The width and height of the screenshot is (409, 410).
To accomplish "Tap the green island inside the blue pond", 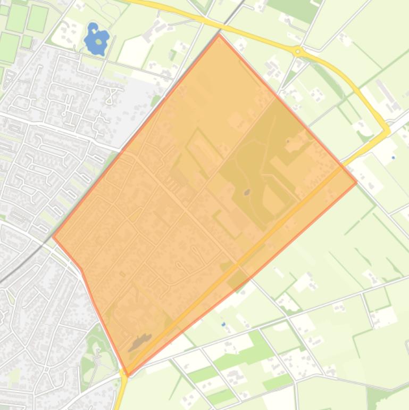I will pyautogui.click(x=98, y=42).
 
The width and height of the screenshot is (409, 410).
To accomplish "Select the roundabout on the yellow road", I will pyautogui.click(x=298, y=52).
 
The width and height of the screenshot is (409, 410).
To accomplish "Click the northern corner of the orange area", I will pyautogui.click(x=219, y=35).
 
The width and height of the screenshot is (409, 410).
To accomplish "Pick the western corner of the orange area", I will pyautogui.click(x=52, y=236).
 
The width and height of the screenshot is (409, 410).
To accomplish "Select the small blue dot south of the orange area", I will pyautogui.click(x=223, y=324).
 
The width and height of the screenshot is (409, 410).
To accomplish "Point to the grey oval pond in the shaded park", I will pyautogui.click(x=247, y=192).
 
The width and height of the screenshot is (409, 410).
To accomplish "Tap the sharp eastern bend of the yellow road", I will pyautogui.click(x=388, y=130).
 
